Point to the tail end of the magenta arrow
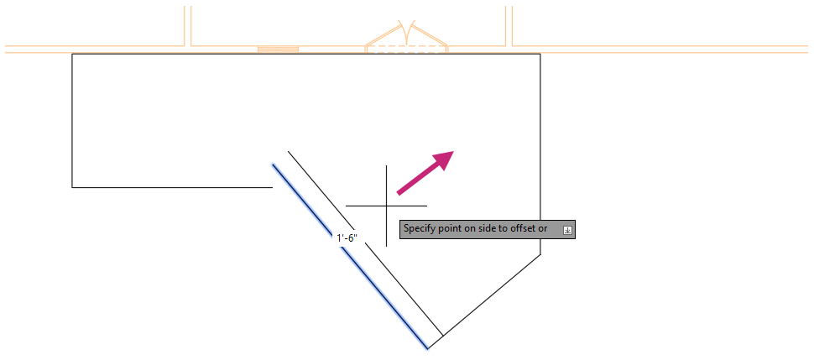399,193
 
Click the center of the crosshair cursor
387,206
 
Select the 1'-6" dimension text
347,238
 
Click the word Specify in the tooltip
420,228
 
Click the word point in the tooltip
453,228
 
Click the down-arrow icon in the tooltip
567,229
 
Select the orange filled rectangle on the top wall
278,49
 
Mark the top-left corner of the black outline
72,54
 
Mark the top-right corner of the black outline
540,54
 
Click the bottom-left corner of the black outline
72,187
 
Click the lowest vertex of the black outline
428,347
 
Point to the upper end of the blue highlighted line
273,164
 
